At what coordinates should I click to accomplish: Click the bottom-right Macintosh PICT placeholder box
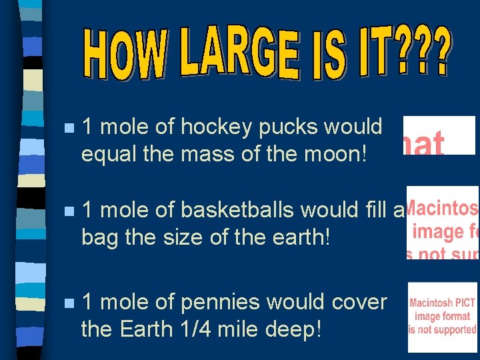coord(443,317)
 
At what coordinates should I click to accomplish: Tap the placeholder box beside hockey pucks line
coord(439,135)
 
